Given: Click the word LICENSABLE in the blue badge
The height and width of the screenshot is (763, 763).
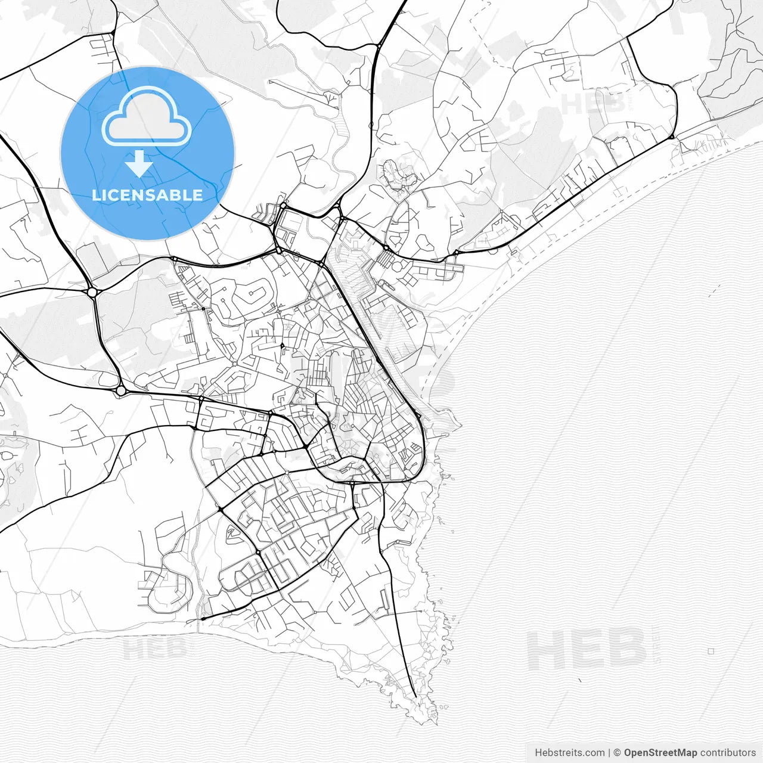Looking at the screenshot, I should [147, 196].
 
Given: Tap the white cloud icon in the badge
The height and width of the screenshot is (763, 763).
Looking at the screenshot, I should [147, 117].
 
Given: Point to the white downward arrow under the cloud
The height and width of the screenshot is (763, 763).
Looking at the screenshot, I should [139, 163].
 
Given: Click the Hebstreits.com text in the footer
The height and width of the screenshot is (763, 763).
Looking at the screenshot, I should [569, 753].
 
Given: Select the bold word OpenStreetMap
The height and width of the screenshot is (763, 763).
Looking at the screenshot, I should [660, 753].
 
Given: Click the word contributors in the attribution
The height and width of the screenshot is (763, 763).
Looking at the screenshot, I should [728, 753].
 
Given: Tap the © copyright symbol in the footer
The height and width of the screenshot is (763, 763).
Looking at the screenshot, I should [618, 753].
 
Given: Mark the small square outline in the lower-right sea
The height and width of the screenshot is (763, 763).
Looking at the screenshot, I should [711, 652].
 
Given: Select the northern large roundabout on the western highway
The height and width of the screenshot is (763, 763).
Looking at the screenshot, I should [92, 292].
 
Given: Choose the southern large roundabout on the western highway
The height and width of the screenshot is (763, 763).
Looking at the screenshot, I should [121, 390].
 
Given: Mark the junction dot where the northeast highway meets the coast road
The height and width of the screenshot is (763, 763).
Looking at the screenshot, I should [672, 137].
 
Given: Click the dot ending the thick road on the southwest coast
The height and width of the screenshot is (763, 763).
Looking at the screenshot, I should [203, 619].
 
